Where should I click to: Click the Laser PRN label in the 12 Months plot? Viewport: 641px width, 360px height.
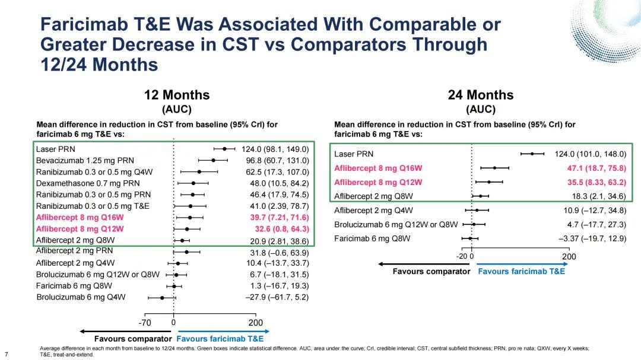(55, 149)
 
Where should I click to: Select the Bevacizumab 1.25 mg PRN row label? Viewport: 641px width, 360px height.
(85, 160)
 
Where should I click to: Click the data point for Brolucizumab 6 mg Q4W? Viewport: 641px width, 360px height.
(162, 297)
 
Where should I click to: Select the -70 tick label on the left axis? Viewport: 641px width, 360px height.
(144, 322)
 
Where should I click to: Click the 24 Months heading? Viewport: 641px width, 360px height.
(481, 95)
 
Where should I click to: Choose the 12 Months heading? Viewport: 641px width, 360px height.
(177, 95)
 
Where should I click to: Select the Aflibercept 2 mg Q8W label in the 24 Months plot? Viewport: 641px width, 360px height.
(373, 196)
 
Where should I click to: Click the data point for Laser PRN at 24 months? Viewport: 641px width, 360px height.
(532, 154)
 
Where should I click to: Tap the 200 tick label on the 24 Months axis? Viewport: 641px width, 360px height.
(569, 256)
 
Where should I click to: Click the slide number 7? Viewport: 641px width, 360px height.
(6, 348)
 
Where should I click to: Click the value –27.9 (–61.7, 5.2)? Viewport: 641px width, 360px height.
(277, 297)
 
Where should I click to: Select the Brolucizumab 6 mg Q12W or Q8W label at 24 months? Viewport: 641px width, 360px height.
(396, 224)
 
